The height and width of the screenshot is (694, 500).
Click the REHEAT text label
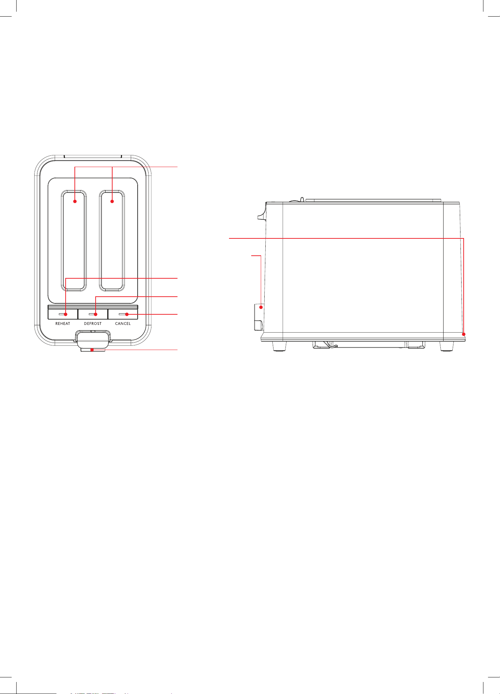click(x=63, y=324)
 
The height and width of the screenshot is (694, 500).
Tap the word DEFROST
click(x=93, y=324)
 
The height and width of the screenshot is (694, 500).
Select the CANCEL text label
click(x=123, y=324)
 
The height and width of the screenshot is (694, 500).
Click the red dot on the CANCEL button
click(x=127, y=314)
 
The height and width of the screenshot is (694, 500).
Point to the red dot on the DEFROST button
click(x=96, y=314)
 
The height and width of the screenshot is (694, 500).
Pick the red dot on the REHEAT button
click(x=66, y=314)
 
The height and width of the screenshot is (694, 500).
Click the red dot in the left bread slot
click(x=75, y=201)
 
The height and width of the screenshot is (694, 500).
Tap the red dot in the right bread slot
click(x=112, y=201)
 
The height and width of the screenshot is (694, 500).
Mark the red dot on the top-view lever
click(x=92, y=350)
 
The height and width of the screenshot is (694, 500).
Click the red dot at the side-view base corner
click(x=464, y=334)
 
